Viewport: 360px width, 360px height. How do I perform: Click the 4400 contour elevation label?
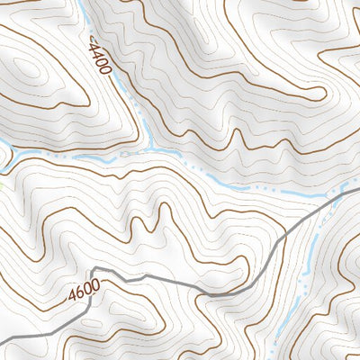pos(101,58)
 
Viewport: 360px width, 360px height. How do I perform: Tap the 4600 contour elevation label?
pos(83,293)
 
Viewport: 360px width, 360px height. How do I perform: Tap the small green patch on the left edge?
pos(2,186)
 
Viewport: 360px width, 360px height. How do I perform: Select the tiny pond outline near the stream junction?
pos(129,154)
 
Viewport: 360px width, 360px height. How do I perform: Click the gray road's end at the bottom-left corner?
pos(2,343)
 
